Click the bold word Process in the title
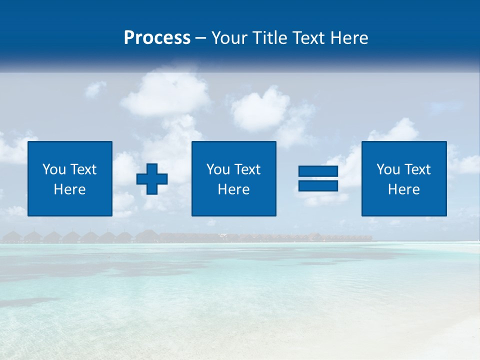pyautogui.click(x=157, y=37)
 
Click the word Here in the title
pyautogui.click(x=349, y=37)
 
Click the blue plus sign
pyautogui.click(x=152, y=178)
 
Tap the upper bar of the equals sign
pyautogui.click(x=318, y=171)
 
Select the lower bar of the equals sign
pyautogui.click(x=318, y=185)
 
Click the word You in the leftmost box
pyautogui.click(x=54, y=169)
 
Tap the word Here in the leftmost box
pyautogui.click(x=70, y=189)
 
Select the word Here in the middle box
pyautogui.click(x=234, y=189)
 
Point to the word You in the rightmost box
pyautogui.click(x=388, y=169)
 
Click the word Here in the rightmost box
pyautogui.click(x=404, y=189)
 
